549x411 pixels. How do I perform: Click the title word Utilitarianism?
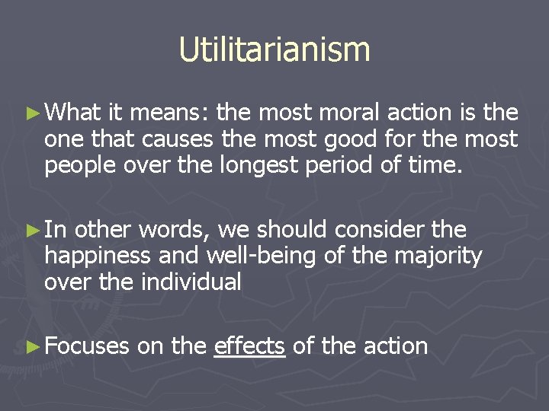click(x=274, y=49)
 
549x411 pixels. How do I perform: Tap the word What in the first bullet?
click(x=72, y=114)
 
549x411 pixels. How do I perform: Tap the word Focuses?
click(x=87, y=346)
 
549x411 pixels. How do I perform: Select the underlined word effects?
click(x=249, y=346)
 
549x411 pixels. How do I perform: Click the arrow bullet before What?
click(x=31, y=114)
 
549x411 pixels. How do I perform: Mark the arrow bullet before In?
click(x=31, y=230)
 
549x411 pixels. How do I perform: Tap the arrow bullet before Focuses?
click(x=31, y=346)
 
